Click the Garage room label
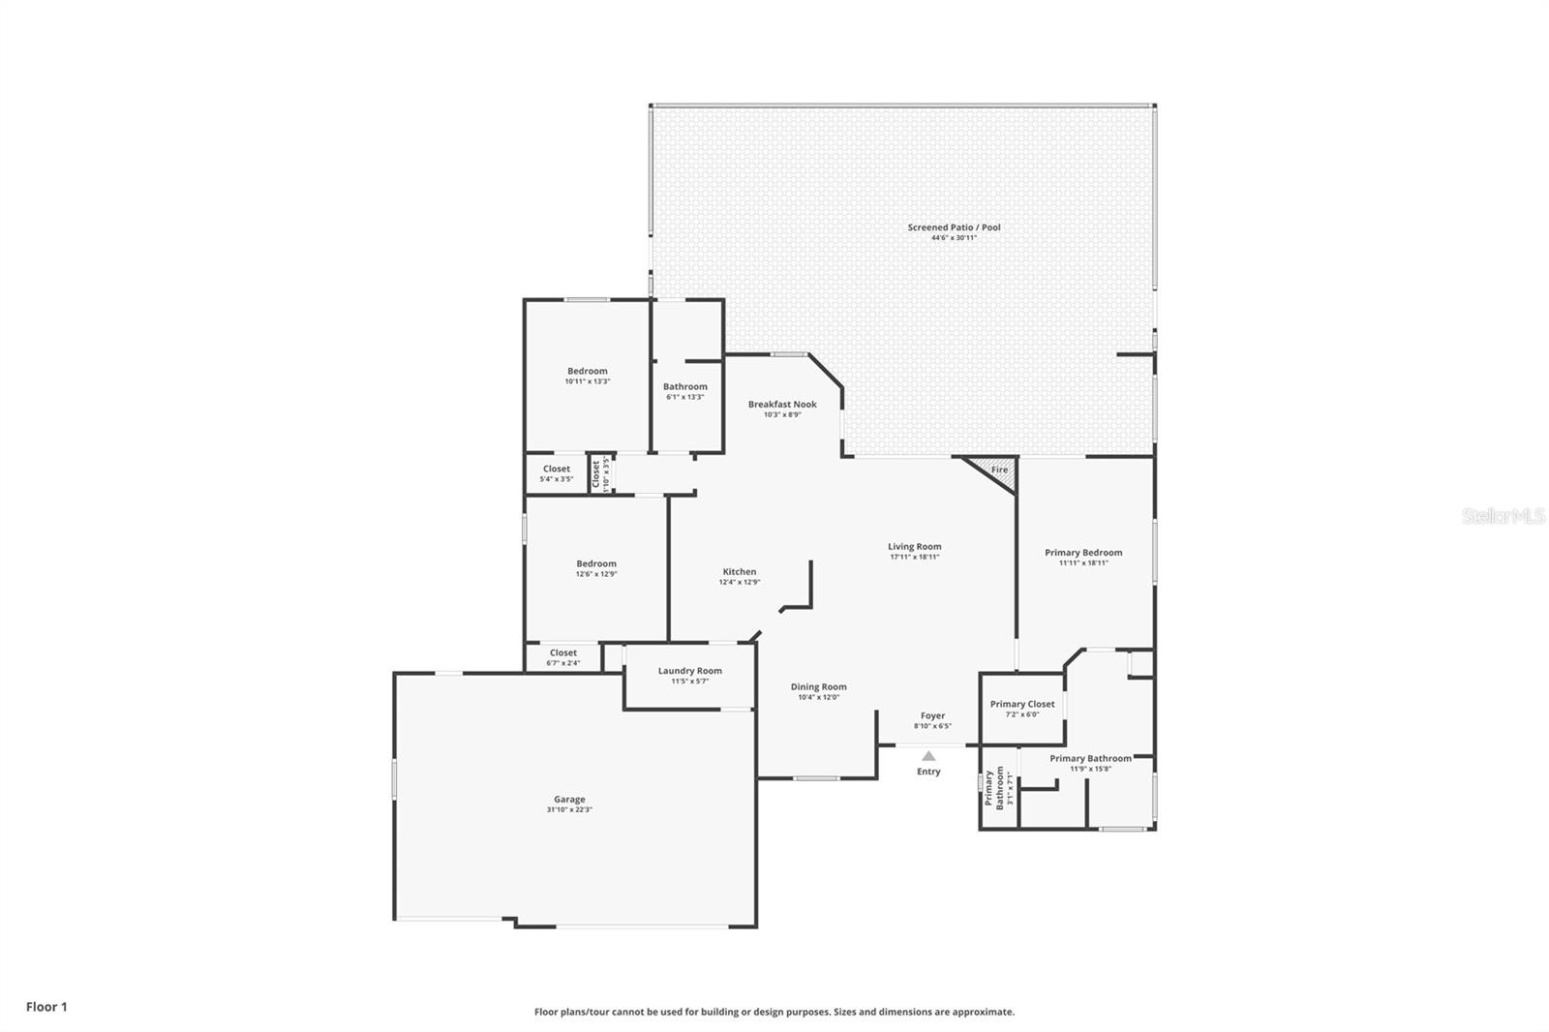click(569, 800)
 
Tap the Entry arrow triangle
click(928, 756)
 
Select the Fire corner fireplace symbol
click(998, 470)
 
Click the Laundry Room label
click(689, 671)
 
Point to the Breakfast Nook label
click(782, 405)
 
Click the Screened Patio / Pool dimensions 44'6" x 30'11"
click(954, 238)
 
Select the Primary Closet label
click(1022, 705)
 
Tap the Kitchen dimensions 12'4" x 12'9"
click(739, 583)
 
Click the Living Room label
click(915, 547)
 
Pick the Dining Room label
click(818, 687)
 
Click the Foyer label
click(932, 716)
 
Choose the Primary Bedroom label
click(1083, 553)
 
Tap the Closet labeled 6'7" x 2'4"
click(563, 657)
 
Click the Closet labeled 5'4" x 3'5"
click(557, 473)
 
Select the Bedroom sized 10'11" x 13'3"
click(588, 376)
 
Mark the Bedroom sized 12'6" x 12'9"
click(596, 568)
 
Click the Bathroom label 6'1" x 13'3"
click(685, 391)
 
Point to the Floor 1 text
click(46, 1007)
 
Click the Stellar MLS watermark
click(1503, 517)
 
